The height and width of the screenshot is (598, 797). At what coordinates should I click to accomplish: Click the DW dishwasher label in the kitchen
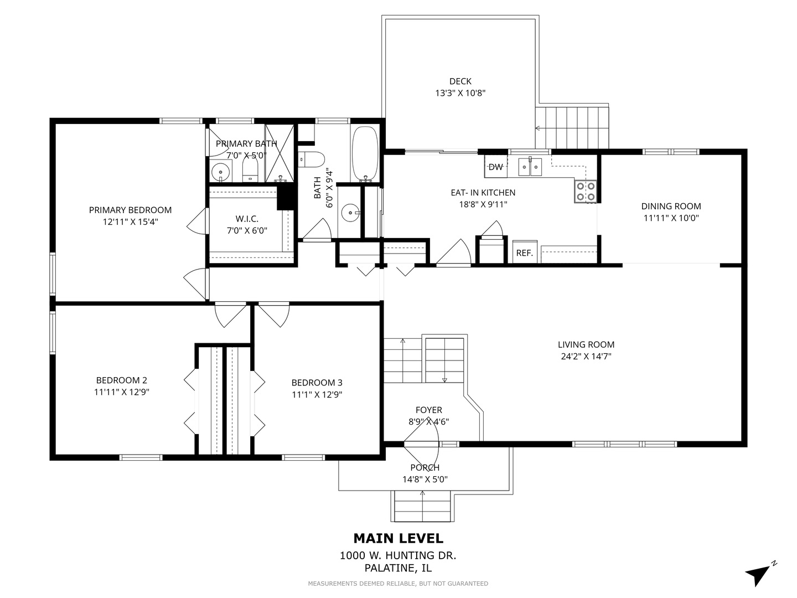tap(495, 167)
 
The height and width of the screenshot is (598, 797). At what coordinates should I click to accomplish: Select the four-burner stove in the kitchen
tap(586, 192)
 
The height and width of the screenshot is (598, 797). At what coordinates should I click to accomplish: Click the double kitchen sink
tap(530, 167)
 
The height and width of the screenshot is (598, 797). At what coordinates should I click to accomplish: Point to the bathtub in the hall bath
tap(365, 153)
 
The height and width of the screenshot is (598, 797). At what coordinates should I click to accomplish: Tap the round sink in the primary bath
tap(220, 172)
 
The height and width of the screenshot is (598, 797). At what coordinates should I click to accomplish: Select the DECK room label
tap(460, 81)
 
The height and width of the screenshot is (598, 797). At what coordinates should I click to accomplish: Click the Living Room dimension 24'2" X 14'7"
tap(586, 356)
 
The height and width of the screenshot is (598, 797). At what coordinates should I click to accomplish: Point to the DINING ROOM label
tap(671, 206)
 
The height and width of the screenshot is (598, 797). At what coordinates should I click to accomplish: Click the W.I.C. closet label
tap(247, 219)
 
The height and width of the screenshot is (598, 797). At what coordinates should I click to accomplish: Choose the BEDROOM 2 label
tap(122, 380)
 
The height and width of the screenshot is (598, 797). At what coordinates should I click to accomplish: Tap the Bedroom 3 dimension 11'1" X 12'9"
tap(317, 394)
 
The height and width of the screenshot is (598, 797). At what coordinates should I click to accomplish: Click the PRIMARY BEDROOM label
tap(131, 210)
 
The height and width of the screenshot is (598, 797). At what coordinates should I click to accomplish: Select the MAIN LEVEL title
tap(398, 538)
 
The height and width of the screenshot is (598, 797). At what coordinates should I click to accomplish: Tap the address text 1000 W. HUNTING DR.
tap(398, 555)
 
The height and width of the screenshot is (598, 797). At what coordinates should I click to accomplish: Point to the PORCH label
tap(425, 468)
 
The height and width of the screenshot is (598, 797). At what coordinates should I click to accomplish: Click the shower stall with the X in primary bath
tap(279, 153)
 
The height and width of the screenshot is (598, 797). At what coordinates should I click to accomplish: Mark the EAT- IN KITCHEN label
tap(483, 193)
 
